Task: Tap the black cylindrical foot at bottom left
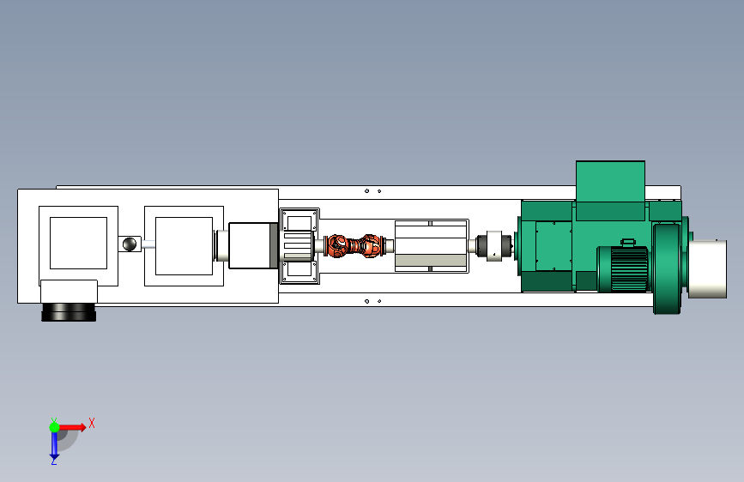pos(69,312)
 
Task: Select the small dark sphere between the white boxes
pos(129,244)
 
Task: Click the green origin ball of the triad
pos(54,427)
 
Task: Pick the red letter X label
pos(92,423)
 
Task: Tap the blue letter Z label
pos(53,461)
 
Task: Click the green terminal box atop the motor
pos(610,190)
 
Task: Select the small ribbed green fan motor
pos(623,268)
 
